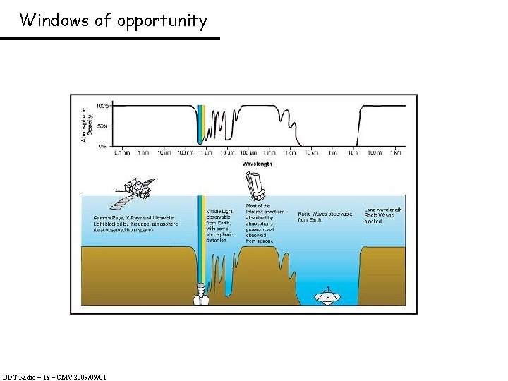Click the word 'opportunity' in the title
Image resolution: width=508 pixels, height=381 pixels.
pyautogui.click(x=162, y=20)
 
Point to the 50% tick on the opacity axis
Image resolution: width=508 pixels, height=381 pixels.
pyautogui.click(x=102, y=126)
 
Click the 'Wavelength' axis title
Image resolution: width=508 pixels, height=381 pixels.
pyautogui.click(x=257, y=164)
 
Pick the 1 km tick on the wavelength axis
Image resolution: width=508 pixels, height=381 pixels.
pyautogui.click(x=397, y=152)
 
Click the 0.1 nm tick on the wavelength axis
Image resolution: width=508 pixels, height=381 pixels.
pyautogui.click(x=122, y=152)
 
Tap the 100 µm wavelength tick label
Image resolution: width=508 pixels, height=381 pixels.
pyautogui.click(x=248, y=152)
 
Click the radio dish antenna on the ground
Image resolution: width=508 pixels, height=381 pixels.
pyautogui.click(x=327, y=296)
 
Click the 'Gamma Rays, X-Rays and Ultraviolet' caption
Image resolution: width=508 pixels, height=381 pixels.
pyautogui.click(x=136, y=224)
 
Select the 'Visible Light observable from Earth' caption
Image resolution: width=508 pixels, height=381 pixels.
pyautogui.click(x=219, y=225)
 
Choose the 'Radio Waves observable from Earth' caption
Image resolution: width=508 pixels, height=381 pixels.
pyautogui.click(x=324, y=217)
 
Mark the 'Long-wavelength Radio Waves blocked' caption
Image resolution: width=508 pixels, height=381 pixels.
pyautogui.click(x=383, y=215)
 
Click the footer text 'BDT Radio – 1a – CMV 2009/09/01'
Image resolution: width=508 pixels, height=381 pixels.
pyautogui.click(x=54, y=377)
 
